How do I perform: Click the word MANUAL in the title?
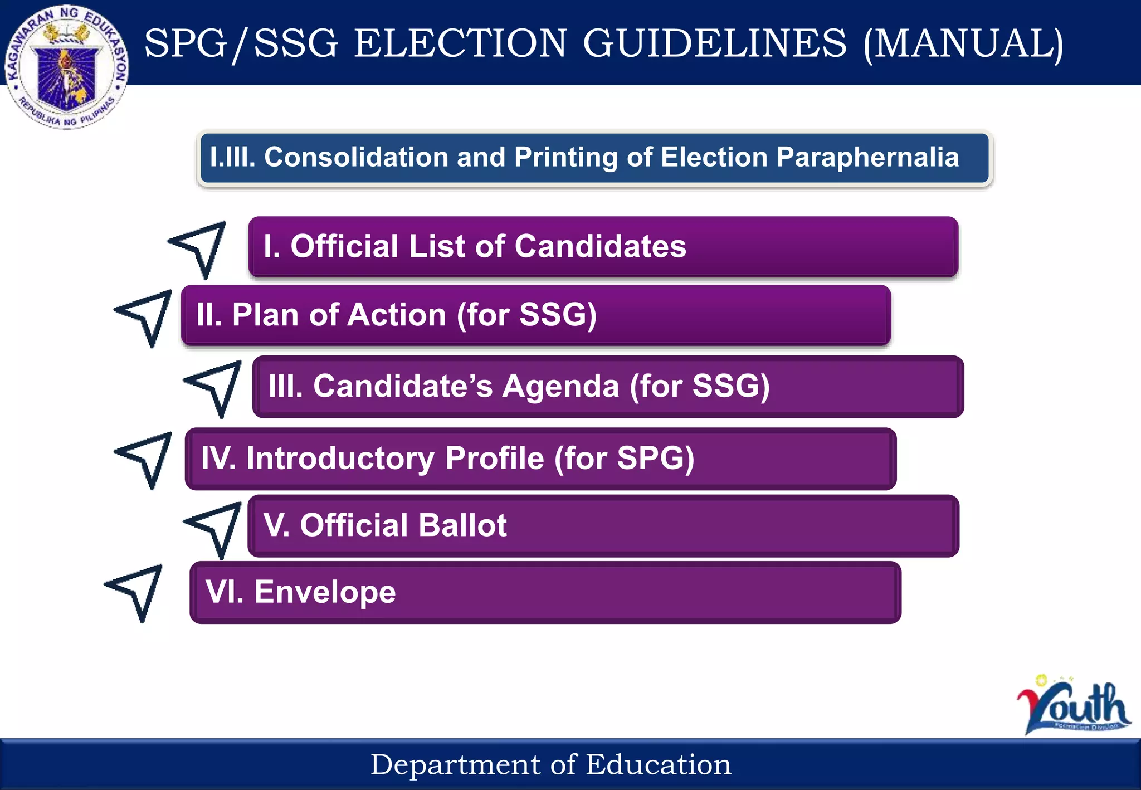pyautogui.click(x=963, y=43)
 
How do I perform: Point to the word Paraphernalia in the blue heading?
pyautogui.click(x=867, y=157)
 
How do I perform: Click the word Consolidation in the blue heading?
pyautogui.click(x=356, y=157)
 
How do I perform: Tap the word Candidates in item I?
pyautogui.click(x=600, y=246)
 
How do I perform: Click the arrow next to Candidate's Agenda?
pyautogui.click(x=217, y=386)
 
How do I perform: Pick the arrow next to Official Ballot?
pyautogui.click(x=217, y=526)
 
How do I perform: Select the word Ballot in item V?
pyautogui.click(x=462, y=525)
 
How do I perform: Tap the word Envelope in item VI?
pyautogui.click(x=325, y=592)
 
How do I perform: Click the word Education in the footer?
pyautogui.click(x=659, y=764)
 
